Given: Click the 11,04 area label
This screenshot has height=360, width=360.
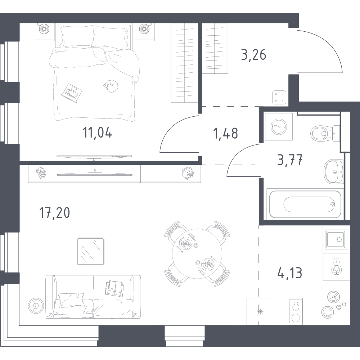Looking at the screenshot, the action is point(97,133).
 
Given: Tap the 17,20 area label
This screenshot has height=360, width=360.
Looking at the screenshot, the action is point(55,213).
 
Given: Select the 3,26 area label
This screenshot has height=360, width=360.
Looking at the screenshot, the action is point(254,55).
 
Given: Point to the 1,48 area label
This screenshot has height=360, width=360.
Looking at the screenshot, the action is point(226,134).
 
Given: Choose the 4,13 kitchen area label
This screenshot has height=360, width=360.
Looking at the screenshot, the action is point(290,273).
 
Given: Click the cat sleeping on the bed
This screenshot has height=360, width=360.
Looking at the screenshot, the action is point(111,86).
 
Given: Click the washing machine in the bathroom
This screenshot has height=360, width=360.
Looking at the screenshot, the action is point(279,126).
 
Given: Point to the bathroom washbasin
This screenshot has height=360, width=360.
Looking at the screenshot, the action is point(334,171).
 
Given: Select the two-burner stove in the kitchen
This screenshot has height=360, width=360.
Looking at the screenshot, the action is point(296,311).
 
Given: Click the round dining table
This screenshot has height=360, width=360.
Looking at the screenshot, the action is point(197,253).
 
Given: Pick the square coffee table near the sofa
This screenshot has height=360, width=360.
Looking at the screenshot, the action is point(90,251).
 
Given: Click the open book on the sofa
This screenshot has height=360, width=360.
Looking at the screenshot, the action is point(114,288).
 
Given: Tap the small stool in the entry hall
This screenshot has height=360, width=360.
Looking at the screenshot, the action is point(279,98).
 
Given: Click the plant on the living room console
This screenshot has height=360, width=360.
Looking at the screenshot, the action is point(188,173).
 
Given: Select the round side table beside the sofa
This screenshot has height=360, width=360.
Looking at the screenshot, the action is point(36,306).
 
